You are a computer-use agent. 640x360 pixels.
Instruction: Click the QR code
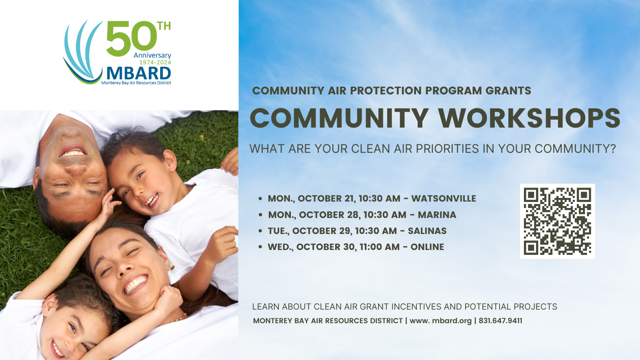(558, 221)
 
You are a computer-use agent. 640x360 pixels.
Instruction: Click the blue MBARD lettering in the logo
(139, 74)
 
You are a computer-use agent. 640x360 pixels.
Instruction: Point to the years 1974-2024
(155, 62)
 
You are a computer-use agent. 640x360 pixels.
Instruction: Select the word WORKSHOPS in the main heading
(530, 118)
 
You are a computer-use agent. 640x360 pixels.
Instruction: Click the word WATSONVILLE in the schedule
(444, 198)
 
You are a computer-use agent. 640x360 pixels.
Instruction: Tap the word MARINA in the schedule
(437, 215)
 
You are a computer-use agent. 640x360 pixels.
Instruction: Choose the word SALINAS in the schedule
(427, 231)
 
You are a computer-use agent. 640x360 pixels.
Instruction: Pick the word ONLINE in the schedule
(428, 247)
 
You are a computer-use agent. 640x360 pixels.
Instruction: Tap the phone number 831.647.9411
(500, 321)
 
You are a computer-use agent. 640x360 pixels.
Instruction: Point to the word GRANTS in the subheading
(508, 90)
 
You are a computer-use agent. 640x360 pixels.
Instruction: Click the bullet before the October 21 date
(260, 198)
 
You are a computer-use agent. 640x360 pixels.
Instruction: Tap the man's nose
(76, 169)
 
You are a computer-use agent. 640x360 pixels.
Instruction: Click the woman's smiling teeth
(135, 284)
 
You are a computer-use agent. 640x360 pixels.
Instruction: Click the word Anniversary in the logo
(152, 56)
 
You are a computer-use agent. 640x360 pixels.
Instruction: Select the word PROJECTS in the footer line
(536, 306)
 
